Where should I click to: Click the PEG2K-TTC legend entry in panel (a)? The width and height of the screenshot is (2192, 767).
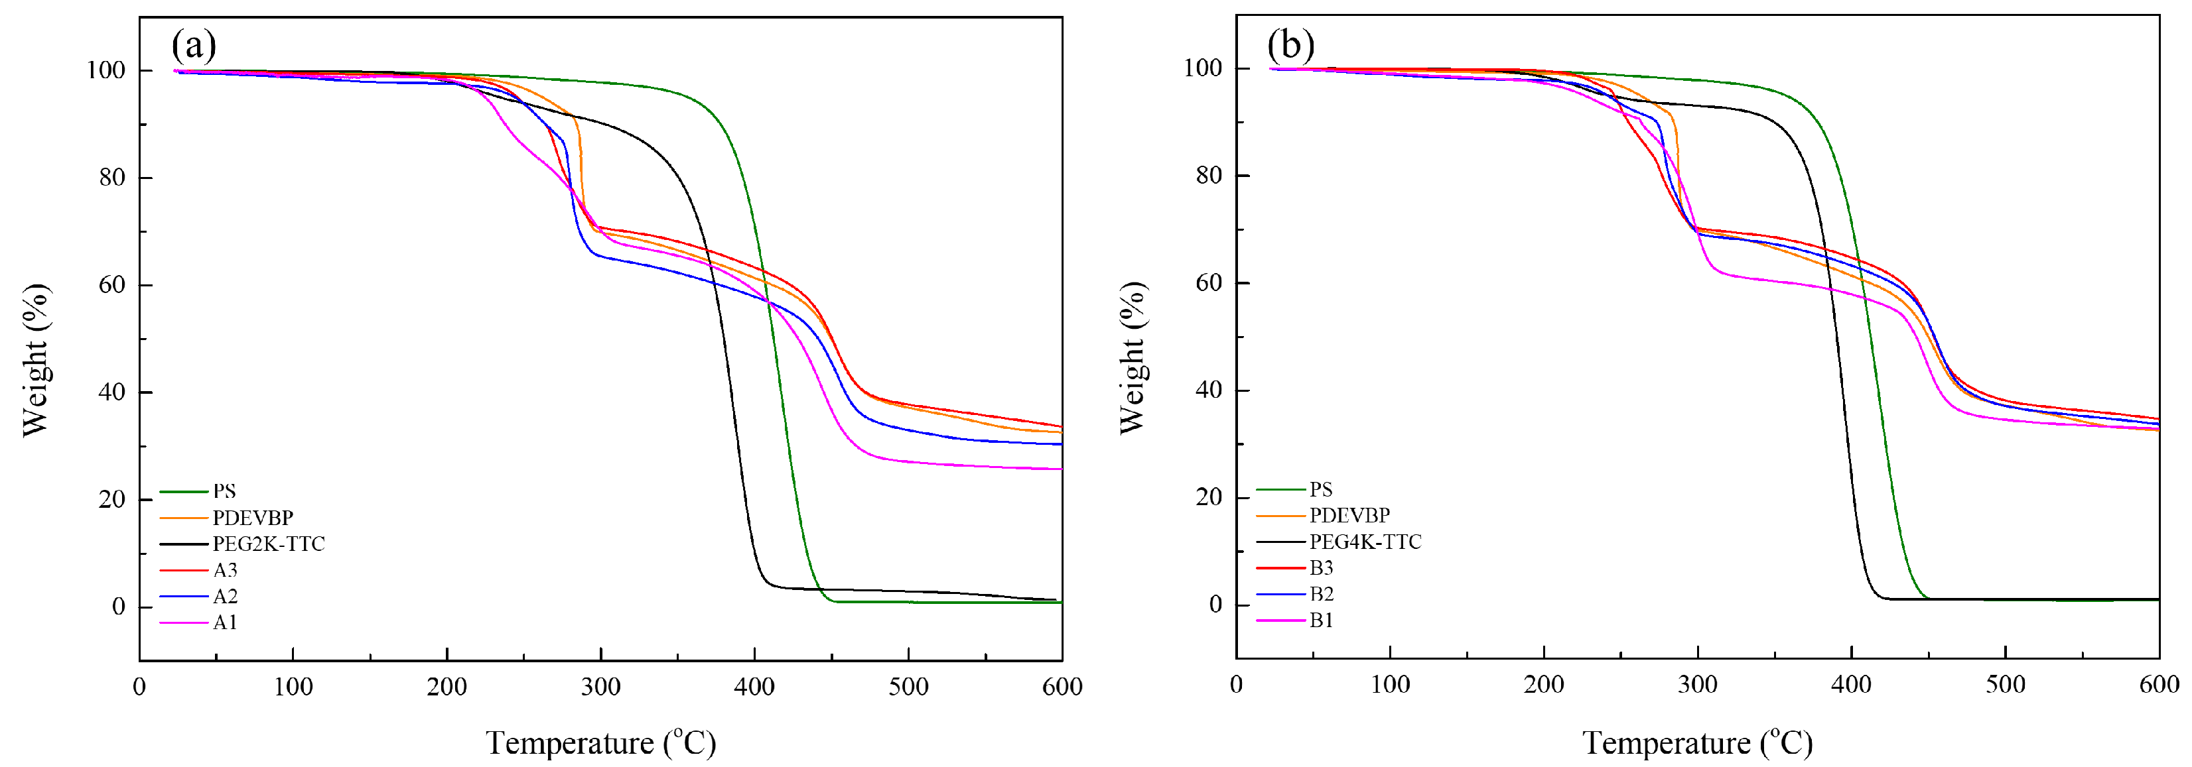pos(268,544)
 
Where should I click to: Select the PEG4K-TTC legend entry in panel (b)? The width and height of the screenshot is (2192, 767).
pos(1365,542)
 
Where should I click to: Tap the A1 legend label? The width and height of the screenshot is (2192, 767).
pos(225,623)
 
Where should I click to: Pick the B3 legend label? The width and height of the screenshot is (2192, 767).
pos(1321,568)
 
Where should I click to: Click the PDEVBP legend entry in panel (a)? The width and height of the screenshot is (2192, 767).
pos(253,518)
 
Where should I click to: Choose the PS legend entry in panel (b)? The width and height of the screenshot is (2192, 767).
pos(1321,490)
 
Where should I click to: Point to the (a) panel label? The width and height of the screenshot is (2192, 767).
pos(194,44)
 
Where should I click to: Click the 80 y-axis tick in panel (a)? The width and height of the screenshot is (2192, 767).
pos(111,178)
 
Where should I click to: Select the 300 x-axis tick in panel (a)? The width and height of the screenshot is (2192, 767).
pos(601,687)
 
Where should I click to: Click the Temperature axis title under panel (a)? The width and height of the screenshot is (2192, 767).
pos(601,743)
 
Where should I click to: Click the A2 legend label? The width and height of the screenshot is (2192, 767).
pos(225,597)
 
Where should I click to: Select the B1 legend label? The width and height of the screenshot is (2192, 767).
pos(1321,620)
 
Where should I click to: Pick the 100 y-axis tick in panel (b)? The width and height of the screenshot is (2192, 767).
pos(1202,68)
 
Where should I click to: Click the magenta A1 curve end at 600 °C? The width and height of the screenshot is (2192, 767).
pos(1060,469)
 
